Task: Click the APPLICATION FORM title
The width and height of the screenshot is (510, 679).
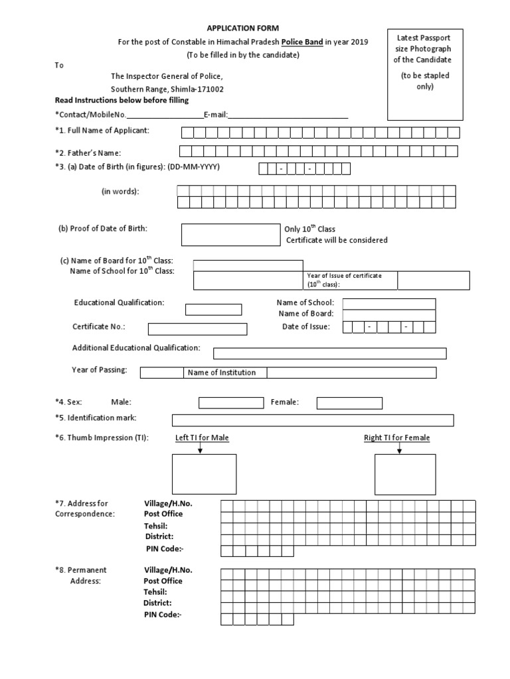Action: point(243,28)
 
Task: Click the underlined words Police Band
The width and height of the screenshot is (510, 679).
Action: point(302,42)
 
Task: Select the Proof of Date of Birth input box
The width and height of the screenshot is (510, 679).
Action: point(230,235)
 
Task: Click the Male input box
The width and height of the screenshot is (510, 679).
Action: point(231,403)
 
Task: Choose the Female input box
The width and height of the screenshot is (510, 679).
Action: point(349,403)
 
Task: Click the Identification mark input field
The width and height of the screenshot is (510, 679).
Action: point(313,420)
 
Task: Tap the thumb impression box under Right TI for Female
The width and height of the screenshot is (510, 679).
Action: point(405,475)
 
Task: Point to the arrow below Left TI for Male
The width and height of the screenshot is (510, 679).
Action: point(200,449)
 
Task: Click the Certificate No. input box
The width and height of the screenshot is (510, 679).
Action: point(197,329)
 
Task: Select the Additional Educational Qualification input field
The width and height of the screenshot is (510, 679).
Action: point(329,353)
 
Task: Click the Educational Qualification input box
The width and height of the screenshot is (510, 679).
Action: point(213,310)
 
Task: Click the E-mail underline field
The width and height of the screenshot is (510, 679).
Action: point(288,115)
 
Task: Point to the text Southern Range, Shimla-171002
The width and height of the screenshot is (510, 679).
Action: point(167,89)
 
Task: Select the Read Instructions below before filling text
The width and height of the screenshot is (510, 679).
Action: point(122,100)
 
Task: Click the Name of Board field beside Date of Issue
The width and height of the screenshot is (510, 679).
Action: point(389,314)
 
